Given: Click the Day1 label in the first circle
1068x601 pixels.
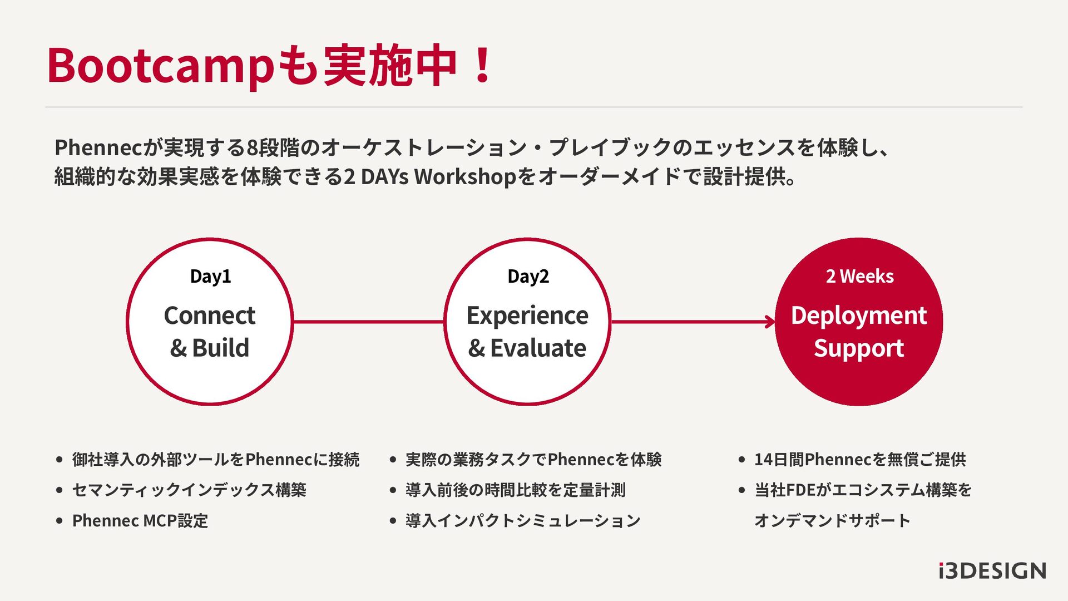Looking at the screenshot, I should coord(210,277).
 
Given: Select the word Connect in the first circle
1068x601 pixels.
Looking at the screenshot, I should coord(210,316).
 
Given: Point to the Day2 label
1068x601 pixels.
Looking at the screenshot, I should coord(528,277).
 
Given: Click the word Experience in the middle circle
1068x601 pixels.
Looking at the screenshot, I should coord(527,316).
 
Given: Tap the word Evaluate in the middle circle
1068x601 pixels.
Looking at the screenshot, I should coord(538,348).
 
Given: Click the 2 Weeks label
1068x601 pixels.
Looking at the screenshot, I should coord(859,277).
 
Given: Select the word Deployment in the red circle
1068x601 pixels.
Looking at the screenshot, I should coord(859,316).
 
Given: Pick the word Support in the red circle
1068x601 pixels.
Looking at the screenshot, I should coord(859,348).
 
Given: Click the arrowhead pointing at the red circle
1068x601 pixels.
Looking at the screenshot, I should coord(771,322).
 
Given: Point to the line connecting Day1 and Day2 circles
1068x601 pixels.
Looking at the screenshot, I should coord(368,322).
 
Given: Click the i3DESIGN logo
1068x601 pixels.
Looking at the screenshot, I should coord(992,571).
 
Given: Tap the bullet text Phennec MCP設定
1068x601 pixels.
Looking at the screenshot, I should coord(140,521).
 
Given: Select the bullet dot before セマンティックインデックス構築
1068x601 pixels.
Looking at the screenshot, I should coord(60,490).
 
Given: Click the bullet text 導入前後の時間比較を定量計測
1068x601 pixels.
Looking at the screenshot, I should coord(516,490).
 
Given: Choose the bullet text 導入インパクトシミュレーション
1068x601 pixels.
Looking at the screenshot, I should coord(523,521).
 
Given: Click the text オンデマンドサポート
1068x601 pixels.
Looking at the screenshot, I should coord(832,521).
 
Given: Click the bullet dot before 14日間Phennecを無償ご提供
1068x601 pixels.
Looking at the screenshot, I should coord(741,460).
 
